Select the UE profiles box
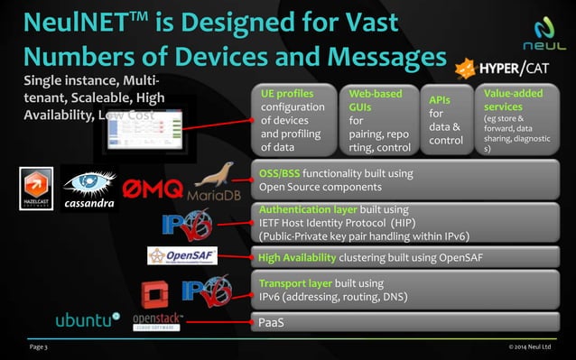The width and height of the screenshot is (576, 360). [290, 120]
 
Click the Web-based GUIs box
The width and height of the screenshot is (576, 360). [377, 120]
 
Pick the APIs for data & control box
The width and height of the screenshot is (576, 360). [448, 120]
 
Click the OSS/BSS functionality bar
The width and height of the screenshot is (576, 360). [403, 180]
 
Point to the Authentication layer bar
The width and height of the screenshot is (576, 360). [403, 222]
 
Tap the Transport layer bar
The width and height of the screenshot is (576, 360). [403, 290]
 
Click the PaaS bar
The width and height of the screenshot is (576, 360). [403, 322]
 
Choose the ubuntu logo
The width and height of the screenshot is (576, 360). [87, 319]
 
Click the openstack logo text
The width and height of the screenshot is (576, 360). [158, 321]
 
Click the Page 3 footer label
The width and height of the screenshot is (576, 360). [41, 346]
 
